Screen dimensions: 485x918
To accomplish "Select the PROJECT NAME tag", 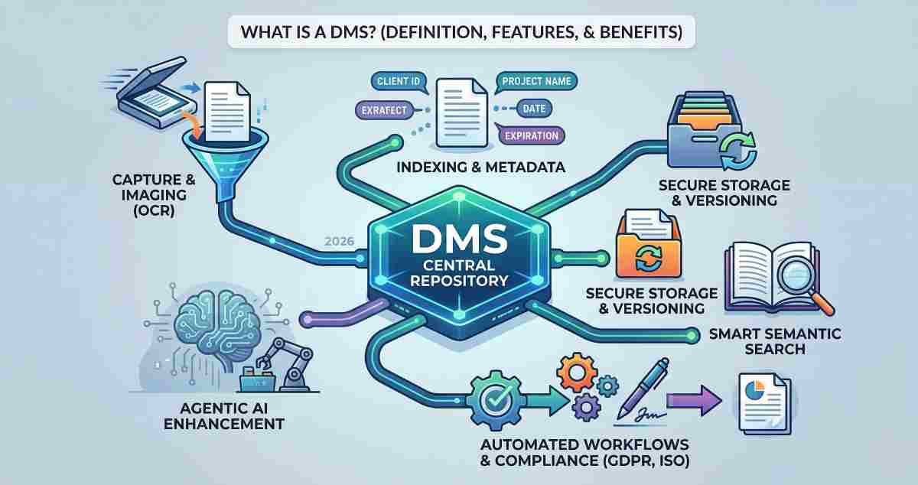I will pos(538,80).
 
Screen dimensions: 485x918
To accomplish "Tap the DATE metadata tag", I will pos(534,109).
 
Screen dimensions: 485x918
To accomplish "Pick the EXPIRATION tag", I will pos(530,135).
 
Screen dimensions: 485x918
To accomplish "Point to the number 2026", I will pos(338,242).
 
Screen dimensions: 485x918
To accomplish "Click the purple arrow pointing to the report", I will pos(695,399).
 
